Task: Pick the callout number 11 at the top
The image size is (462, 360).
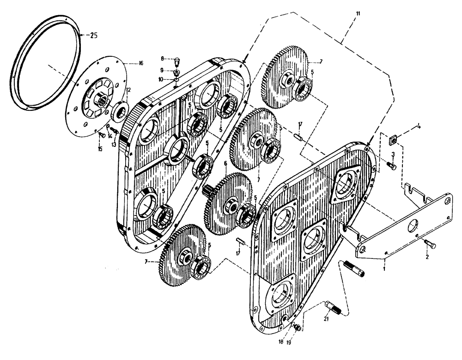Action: [x=359, y=15]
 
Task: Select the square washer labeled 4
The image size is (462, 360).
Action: [x=394, y=137]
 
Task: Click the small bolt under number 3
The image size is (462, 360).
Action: [x=391, y=164]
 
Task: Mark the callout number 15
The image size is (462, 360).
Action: [x=99, y=148]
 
